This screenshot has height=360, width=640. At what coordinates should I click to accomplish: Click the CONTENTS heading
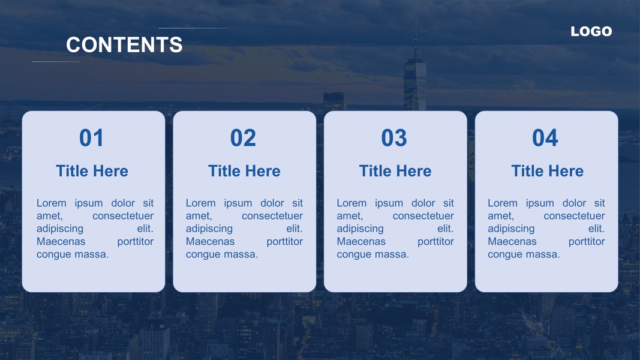pos(124,44)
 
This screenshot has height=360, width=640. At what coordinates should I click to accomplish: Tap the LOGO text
pos(591,31)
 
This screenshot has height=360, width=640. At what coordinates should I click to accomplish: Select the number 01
pos(91,137)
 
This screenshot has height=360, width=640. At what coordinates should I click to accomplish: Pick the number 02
pos(243,137)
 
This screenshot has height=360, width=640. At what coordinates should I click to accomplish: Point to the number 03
pos(394,137)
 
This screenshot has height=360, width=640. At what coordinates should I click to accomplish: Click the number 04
pos(545,137)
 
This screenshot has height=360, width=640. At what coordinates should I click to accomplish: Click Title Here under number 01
pos(92,171)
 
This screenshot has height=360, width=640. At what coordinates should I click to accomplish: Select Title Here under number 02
pos(244,171)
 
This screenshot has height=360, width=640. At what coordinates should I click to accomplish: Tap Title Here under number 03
pos(395,171)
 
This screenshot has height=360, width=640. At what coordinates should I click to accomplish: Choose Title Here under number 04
pos(548,171)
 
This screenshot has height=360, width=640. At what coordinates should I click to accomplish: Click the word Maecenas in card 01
pos(61,242)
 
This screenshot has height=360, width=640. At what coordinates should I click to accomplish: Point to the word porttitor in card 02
pos(284,242)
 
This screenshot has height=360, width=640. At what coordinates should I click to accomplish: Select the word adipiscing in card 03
pos(360,229)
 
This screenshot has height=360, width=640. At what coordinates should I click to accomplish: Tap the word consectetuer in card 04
pos(574,216)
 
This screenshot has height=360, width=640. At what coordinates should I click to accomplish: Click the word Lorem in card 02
pos(200,203)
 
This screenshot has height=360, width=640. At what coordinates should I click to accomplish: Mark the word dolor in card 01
pos(123,203)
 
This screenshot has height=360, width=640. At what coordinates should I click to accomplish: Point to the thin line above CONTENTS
pos(193,28)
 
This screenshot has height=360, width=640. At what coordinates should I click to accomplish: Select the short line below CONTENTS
pos(56,62)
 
